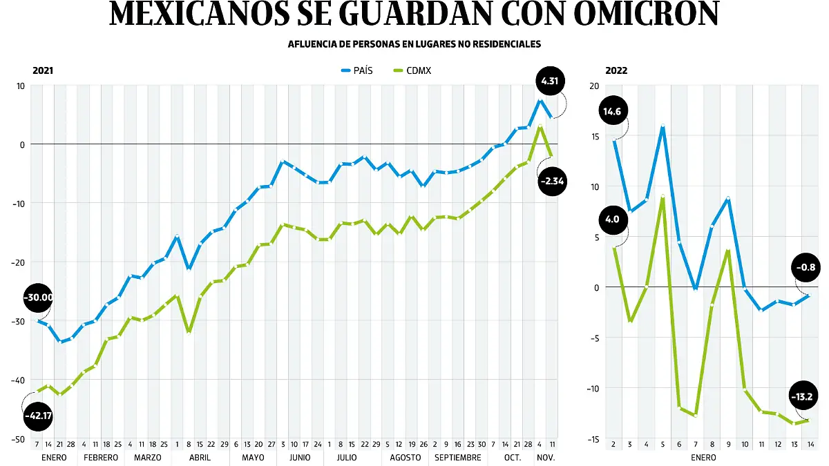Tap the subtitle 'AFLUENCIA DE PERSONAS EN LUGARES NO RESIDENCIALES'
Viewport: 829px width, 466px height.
click(x=414, y=44)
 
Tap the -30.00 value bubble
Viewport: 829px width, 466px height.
click(x=38, y=298)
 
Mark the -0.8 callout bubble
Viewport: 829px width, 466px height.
click(x=806, y=267)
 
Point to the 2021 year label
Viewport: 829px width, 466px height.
click(x=43, y=70)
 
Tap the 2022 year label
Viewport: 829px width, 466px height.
click(x=617, y=70)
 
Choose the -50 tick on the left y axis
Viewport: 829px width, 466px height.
click(x=19, y=439)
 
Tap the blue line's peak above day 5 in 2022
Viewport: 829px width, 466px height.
click(x=663, y=126)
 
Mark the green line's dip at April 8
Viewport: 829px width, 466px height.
click(x=189, y=331)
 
